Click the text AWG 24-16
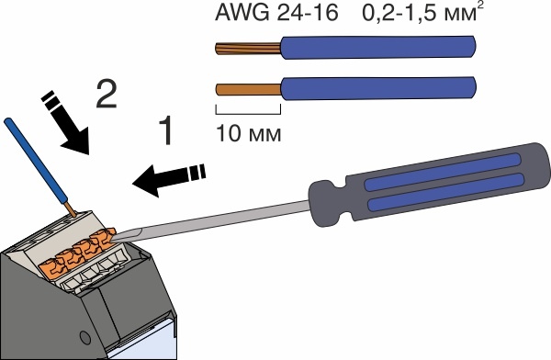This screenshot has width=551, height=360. (276, 14)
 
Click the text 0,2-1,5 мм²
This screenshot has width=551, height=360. (422, 13)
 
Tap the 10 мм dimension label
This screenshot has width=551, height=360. (249, 134)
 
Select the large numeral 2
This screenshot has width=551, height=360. (107, 94)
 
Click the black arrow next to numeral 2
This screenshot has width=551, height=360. (66, 123)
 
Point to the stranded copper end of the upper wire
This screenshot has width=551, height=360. (248, 48)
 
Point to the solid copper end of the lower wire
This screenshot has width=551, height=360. (249, 89)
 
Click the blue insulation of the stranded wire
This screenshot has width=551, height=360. (378, 47)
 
